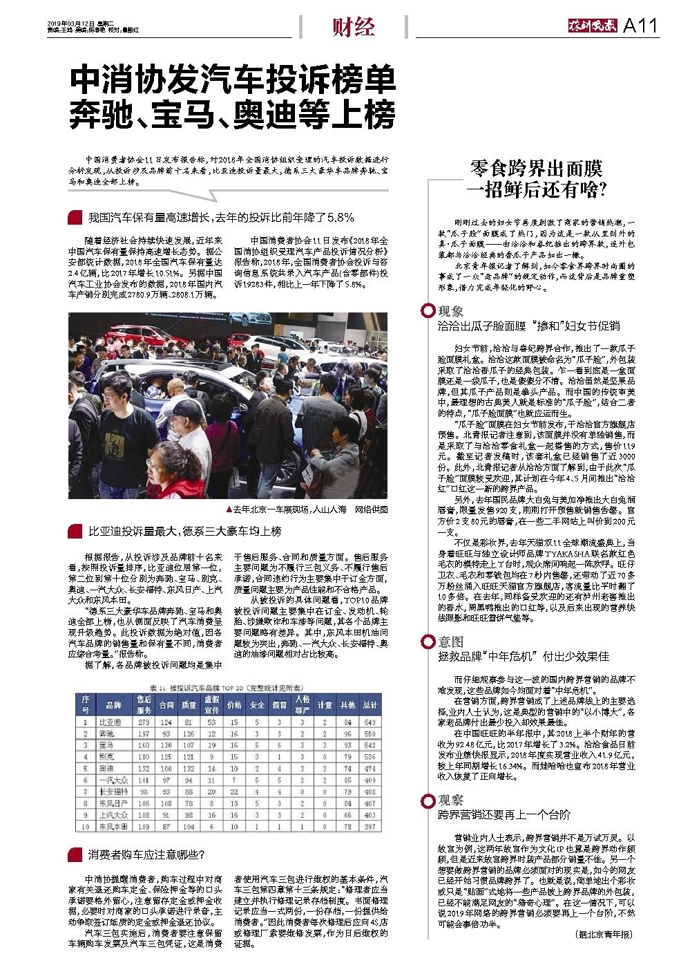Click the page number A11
[x=641, y=26]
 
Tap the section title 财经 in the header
[x=353, y=27]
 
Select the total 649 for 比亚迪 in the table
[x=370, y=722]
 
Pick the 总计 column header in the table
[x=370, y=705]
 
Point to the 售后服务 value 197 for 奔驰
[x=144, y=733]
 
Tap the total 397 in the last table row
[x=370, y=826]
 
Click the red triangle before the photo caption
[x=229, y=509]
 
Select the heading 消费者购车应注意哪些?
[x=146, y=854]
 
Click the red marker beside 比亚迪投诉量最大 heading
[x=75, y=532]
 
